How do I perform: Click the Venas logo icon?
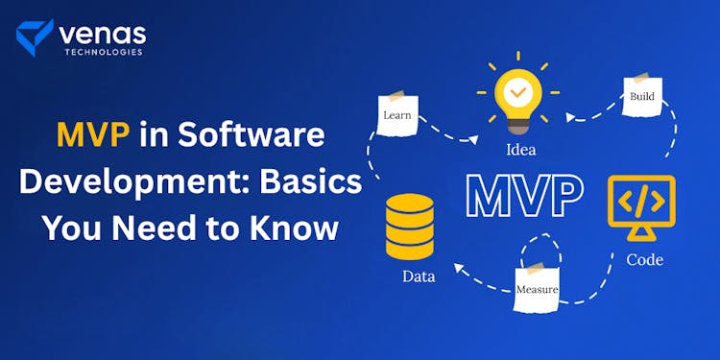(x=35, y=36)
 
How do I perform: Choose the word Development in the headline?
(x=118, y=182)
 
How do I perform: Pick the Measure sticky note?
(x=537, y=288)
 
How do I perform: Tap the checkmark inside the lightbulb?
(x=518, y=91)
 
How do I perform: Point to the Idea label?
(x=520, y=150)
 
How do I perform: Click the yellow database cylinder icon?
(x=410, y=226)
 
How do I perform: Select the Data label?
(x=420, y=276)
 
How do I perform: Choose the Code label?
(x=644, y=259)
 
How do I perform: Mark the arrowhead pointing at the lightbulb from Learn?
(x=473, y=141)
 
